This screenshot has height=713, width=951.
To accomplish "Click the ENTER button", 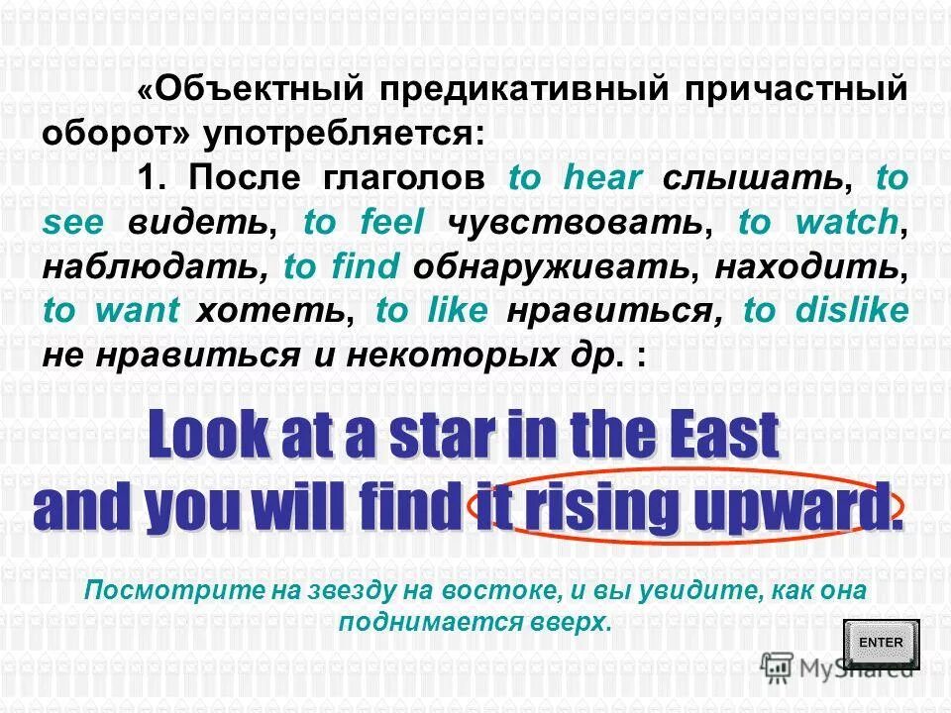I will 881,643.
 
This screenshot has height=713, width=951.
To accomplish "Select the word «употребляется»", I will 343,133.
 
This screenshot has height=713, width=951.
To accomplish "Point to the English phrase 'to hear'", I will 576,179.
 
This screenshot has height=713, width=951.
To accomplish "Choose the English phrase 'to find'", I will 342,266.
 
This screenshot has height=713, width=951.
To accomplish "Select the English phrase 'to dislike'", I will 825,311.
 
